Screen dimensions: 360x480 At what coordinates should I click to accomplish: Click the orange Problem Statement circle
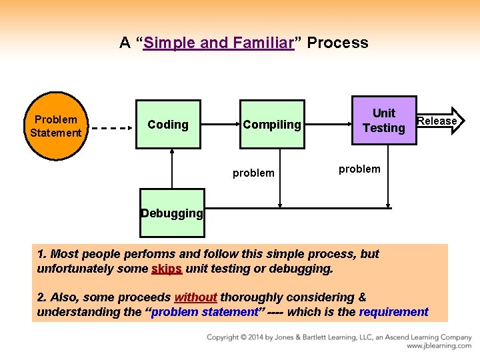pos(56,126)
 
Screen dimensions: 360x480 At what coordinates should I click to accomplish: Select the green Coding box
pos(168,125)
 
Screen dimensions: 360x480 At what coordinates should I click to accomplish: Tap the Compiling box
pos(272,125)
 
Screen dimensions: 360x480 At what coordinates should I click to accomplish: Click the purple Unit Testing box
pos(384,121)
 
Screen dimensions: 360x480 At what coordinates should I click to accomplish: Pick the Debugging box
pos(172,213)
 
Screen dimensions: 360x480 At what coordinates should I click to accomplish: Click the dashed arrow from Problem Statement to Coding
pos(111,126)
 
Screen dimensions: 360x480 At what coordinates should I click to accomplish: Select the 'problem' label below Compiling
pos(253,173)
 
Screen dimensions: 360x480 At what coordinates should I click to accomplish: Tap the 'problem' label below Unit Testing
pos(359,169)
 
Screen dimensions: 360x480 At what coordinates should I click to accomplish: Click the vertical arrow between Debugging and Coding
pos(172,169)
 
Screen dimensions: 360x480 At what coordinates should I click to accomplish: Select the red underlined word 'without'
pos(195,297)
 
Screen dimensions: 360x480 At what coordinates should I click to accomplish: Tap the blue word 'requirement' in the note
pos(393,312)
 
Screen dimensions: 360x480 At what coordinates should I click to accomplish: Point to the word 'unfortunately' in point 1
pos(74,269)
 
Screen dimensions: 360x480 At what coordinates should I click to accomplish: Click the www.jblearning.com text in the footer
pos(439,347)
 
